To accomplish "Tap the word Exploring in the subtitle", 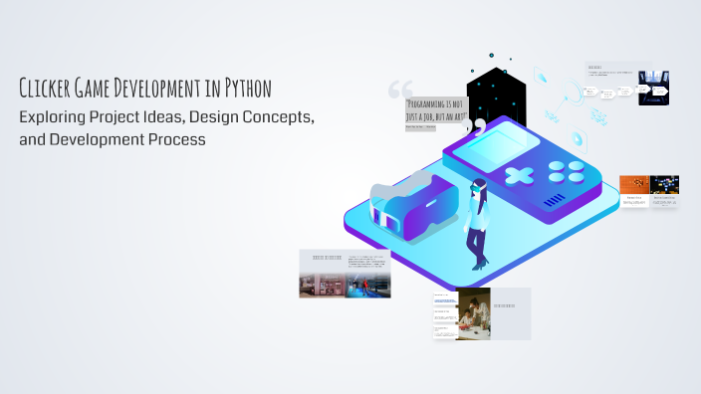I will [x=57, y=116].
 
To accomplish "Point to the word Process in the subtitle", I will [x=176, y=140].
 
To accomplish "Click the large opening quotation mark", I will [x=400, y=90].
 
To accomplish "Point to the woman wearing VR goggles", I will [x=477, y=223].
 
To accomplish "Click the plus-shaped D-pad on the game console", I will [x=519, y=176].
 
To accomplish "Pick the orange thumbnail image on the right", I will [x=633, y=184].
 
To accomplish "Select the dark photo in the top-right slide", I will [x=653, y=87].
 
